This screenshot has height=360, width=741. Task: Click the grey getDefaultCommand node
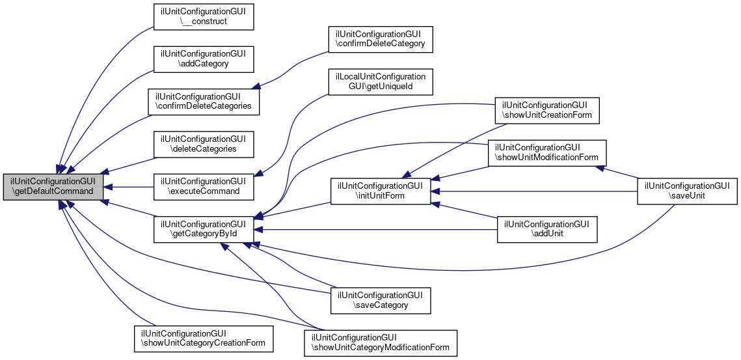53,187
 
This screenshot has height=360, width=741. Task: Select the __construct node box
202,16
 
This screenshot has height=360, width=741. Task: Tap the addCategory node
202,59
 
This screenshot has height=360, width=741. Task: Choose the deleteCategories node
202,144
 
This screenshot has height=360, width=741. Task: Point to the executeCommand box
202,186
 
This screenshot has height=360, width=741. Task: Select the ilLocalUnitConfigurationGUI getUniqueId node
381,81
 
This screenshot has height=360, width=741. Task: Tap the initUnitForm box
381,191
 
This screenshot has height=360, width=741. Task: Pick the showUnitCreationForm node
546,110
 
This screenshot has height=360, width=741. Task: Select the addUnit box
546,229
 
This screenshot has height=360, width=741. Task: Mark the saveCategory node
381,299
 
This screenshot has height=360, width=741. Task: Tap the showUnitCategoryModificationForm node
381,342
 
